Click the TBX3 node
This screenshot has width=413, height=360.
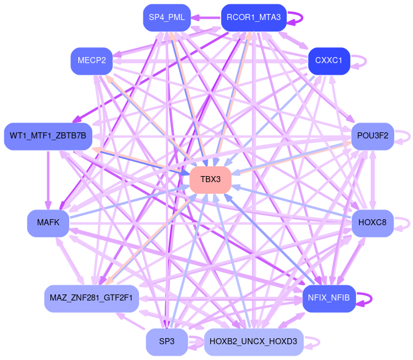210,179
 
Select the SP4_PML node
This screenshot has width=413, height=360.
166,17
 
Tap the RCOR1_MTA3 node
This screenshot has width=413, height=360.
253,17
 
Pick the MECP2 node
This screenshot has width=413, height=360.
92,61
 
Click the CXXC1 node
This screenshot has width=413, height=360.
329,61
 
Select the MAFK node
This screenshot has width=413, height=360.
48,222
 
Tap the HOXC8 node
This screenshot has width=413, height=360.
372,222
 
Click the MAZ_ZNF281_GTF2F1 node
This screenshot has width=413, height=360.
92,298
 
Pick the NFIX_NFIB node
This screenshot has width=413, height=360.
329,298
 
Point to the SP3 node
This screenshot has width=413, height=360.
166,342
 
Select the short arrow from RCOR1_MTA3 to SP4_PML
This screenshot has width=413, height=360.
206,17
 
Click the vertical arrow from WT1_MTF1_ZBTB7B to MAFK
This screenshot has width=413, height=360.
48,179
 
